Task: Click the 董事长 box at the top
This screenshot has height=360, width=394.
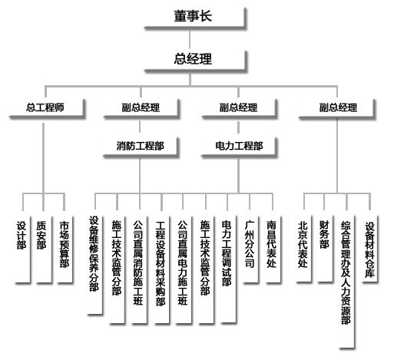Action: [195, 18]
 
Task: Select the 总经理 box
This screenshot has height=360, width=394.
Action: [195, 61]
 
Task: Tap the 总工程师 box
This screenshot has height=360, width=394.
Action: [47, 108]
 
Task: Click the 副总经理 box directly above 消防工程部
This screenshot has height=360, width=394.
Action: [141, 108]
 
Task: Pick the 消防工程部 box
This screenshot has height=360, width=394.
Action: [141, 147]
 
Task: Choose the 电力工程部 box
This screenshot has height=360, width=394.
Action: [239, 147]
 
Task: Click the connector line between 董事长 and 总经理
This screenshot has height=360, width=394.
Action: [190, 40]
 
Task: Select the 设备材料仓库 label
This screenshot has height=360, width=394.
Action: [369, 250]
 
